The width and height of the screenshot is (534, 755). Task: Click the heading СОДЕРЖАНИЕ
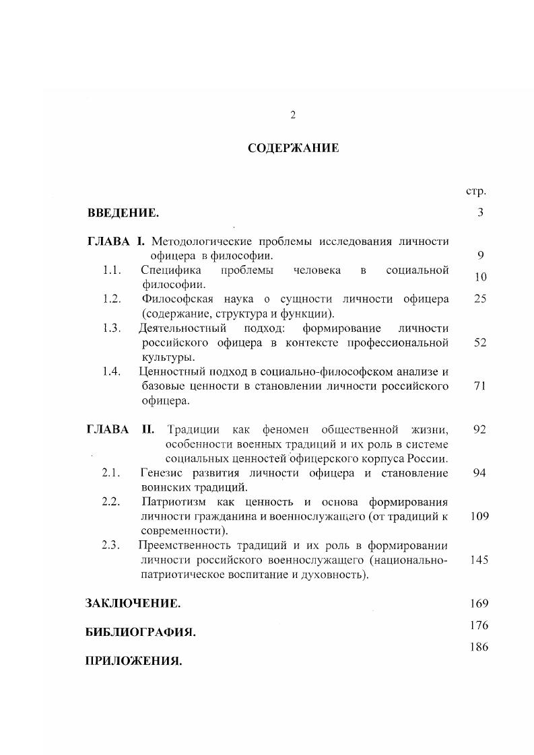(293, 149)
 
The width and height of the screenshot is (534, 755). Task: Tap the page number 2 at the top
(293, 115)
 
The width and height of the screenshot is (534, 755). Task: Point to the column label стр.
(475, 191)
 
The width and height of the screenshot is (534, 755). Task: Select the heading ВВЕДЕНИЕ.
(123, 213)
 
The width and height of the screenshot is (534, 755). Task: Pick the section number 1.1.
(112, 271)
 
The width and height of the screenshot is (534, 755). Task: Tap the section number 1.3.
(112, 328)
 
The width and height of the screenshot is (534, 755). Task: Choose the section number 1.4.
(112, 371)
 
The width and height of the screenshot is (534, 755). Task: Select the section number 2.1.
(111, 473)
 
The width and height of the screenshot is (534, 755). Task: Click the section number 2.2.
(111, 502)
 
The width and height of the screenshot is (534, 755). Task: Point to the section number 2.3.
(111, 546)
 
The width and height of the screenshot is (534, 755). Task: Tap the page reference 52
(479, 343)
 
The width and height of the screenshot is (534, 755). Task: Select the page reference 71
(479, 386)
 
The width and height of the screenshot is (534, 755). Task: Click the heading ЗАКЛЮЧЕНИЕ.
(133, 604)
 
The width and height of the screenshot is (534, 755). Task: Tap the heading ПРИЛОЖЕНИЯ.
(134, 661)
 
